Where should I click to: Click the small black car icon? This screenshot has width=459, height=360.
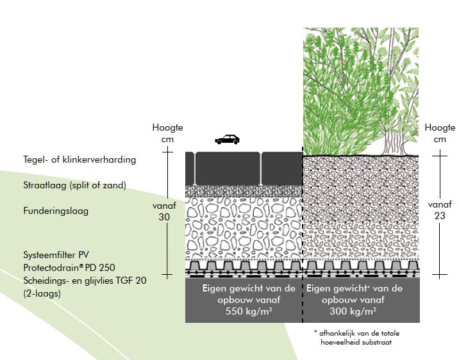click(x=226, y=139)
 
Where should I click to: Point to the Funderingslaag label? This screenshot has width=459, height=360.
click(x=60, y=211)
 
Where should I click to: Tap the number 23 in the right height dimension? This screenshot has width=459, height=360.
click(x=439, y=216)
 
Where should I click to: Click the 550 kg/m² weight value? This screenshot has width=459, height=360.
click(x=243, y=313)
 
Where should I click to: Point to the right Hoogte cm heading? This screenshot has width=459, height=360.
click(x=439, y=133)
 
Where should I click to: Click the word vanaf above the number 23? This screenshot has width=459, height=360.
click(x=439, y=204)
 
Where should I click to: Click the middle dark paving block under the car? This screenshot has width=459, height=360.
click(x=228, y=168)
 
